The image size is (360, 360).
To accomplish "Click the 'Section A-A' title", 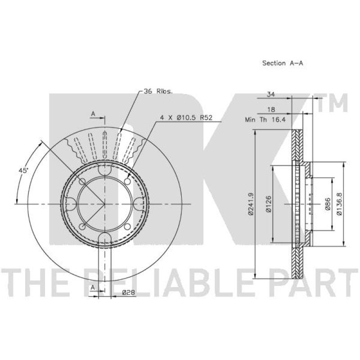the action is click(283, 63).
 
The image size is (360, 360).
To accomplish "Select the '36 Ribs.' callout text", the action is click(158, 91).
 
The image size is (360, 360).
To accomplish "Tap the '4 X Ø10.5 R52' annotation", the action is click(186, 118).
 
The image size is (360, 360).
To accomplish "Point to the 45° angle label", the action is click(23, 171).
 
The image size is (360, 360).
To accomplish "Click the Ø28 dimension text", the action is click(128, 292).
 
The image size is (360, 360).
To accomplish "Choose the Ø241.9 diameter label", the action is click(251, 204).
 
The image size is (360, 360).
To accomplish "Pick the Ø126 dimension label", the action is click(268, 204).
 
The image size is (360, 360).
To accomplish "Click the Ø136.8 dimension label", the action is click(339, 204).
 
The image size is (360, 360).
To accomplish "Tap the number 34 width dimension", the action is click(271, 94).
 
